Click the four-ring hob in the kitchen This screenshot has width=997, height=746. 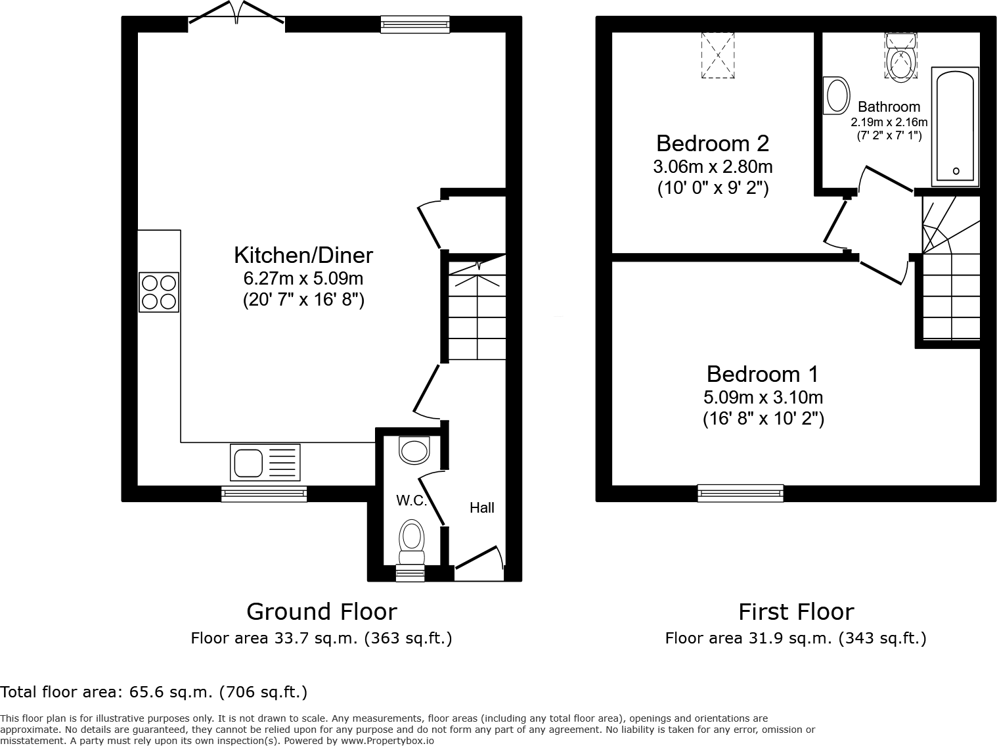tap(159, 292)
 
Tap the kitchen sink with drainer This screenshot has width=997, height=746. tap(265, 462)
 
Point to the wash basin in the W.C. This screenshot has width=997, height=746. tap(414, 451)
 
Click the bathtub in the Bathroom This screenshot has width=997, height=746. tap(956, 126)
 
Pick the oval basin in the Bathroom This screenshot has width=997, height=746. tap(837, 96)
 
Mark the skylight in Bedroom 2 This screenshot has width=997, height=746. tap(718, 55)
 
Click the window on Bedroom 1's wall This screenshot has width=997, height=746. tap(740, 493)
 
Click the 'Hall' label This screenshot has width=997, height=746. tap(481, 507)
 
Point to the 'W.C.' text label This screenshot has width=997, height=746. tap(412, 501)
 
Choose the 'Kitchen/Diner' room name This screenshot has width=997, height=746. tap(303, 255)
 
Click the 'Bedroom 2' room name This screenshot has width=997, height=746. tap(713, 143)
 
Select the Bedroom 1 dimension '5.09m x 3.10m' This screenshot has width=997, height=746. tap(763, 397)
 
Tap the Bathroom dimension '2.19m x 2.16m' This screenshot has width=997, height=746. tap(889, 122)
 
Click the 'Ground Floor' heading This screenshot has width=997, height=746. tap(321, 611)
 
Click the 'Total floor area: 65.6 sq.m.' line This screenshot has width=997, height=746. tap(154, 691)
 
